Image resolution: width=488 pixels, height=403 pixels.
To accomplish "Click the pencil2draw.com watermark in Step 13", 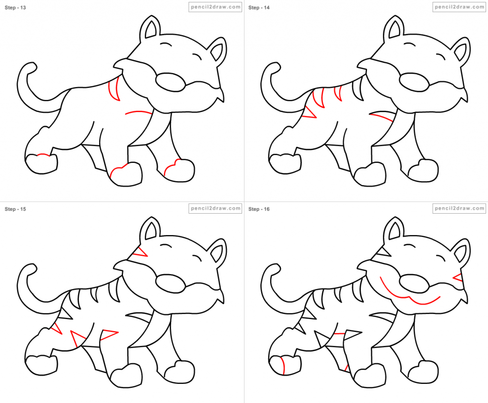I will (x=214, y=7).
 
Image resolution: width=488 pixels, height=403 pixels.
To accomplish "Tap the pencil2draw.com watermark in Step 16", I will (x=459, y=208).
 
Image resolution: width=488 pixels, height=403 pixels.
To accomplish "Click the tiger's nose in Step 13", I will (x=170, y=82).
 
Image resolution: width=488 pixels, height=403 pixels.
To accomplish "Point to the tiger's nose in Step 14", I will (x=414, y=82).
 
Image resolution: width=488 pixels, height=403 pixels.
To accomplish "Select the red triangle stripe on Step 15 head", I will (x=140, y=252).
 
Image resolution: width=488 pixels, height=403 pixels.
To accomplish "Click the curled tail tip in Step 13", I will (x=31, y=67).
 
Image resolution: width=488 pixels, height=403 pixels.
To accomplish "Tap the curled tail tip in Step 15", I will (x=31, y=269).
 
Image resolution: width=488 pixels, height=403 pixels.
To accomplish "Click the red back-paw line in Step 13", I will (x=42, y=155).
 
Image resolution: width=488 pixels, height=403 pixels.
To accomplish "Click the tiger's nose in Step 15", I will (x=170, y=284).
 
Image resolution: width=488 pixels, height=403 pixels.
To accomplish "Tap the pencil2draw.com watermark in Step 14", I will (x=459, y=7).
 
